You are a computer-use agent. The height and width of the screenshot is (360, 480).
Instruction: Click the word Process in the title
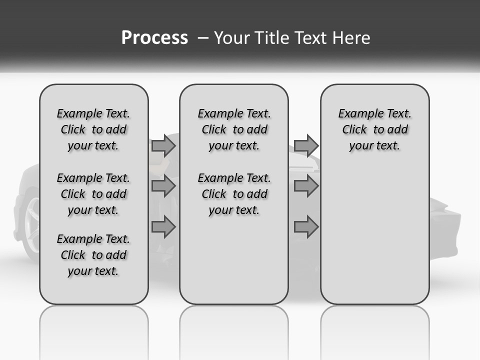tap(154, 38)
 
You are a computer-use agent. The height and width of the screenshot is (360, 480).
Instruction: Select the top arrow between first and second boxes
tap(163, 145)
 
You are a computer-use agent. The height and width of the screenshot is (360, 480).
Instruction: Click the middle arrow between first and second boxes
tap(163, 186)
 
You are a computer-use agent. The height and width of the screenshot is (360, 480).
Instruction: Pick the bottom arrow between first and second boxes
tap(163, 227)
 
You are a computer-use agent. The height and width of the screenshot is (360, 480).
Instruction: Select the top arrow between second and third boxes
tap(306, 145)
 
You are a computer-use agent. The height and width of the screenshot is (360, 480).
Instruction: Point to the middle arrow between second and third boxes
tap(306, 186)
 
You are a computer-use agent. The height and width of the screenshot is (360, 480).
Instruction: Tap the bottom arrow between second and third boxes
tap(306, 227)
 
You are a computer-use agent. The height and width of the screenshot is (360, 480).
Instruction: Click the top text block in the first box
tap(93, 129)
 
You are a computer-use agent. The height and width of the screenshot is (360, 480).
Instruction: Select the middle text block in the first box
tap(93, 194)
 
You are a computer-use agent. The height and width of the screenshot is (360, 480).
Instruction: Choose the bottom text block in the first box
tap(93, 255)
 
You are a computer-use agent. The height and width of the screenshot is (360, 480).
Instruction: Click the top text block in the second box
tap(234, 129)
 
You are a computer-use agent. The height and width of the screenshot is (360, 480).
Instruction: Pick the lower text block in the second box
tap(234, 194)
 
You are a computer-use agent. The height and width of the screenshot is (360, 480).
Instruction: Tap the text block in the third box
tap(375, 129)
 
